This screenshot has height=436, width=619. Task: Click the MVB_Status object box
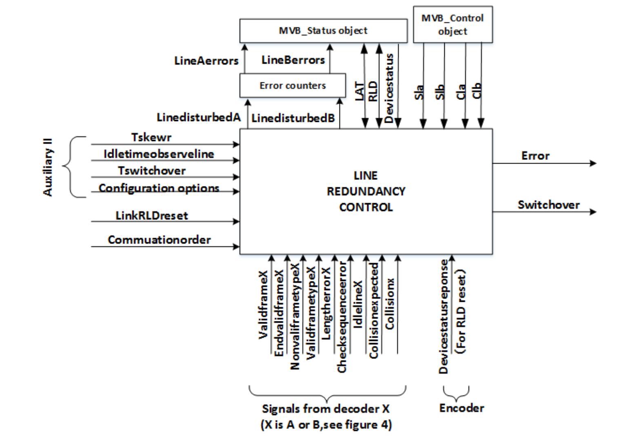pos(323,31)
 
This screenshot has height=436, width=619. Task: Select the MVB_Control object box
pos(453,24)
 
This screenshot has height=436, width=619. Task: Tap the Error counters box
pos(293,86)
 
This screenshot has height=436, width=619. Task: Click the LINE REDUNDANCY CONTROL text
pos(366,191)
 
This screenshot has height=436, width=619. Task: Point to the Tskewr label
pos(151,137)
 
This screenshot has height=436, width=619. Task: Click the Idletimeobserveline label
pos(159,154)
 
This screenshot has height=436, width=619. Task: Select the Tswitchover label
pos(152,170)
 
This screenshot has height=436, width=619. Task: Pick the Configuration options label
pos(159,188)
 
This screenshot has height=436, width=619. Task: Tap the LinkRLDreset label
pos(152,215)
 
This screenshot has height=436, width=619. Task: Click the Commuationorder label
pos(159,239)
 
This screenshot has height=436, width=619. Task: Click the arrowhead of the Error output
pos(593,163)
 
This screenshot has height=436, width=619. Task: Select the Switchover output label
pos(548,205)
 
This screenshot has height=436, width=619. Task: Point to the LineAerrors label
pos(206,61)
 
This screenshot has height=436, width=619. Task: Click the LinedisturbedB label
pos(293,118)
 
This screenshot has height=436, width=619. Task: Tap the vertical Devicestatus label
pos(389,88)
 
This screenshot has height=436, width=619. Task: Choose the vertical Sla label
pos(419,92)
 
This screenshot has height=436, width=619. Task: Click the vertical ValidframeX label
pos(264,304)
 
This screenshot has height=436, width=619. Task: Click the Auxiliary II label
pos(48,167)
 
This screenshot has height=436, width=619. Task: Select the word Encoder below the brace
pos(461,408)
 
